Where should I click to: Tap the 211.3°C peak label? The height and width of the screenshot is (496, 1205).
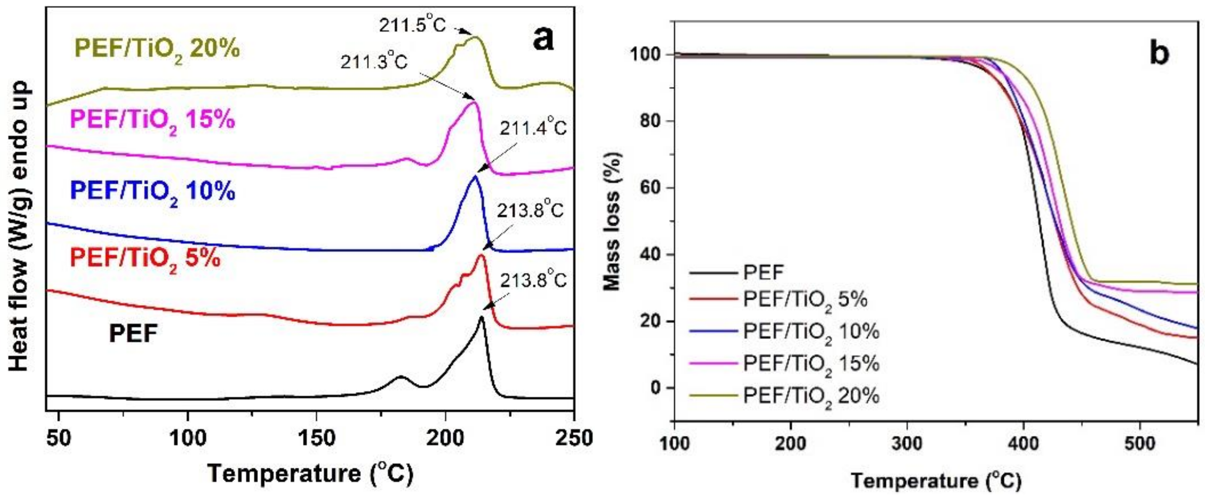(x=374, y=62)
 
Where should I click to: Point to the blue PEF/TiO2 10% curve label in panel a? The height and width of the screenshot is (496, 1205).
(x=153, y=192)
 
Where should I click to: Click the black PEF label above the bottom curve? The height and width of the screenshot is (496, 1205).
(x=133, y=334)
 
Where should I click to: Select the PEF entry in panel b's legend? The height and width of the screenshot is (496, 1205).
(x=763, y=272)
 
